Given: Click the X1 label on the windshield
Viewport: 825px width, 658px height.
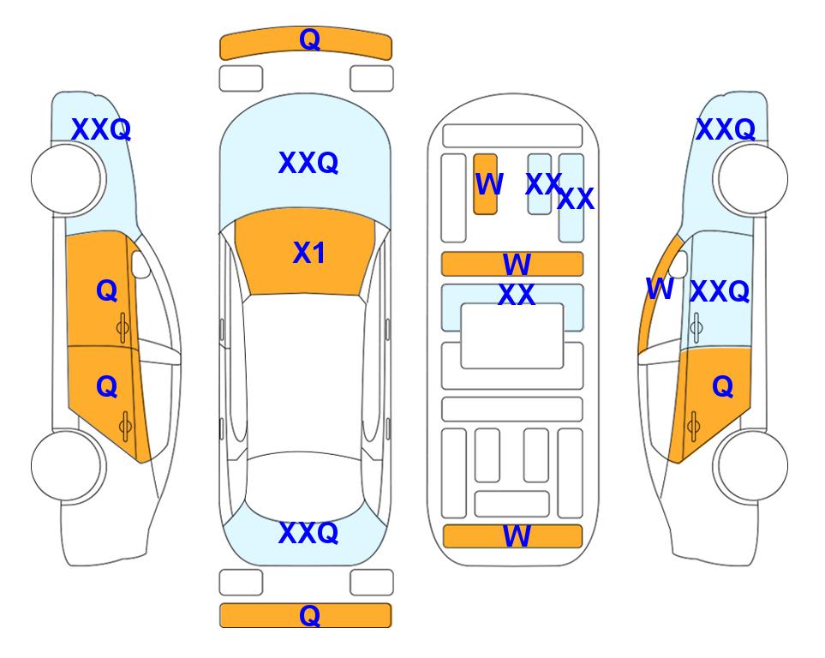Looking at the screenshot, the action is coord(309,253).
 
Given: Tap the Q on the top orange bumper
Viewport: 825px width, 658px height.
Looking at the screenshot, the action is coord(310,39).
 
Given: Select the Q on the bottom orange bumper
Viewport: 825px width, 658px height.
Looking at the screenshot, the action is coord(310,615).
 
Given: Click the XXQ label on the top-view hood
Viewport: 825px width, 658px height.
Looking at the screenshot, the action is coord(308,163).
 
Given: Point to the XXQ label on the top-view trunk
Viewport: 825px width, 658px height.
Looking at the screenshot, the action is coord(308,533).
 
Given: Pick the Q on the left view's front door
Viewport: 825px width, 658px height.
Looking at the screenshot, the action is coord(107,290).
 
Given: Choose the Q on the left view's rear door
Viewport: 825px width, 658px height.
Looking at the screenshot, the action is coord(107,387).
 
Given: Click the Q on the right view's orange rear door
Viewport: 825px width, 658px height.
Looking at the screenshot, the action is coord(723,387).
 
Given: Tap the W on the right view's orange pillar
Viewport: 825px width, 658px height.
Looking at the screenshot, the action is coord(660,289).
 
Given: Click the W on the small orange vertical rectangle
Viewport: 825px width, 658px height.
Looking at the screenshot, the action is coord(489,184).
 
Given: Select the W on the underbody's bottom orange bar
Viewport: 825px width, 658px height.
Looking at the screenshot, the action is coord(517,536).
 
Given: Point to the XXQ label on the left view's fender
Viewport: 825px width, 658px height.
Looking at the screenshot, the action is coord(101,129).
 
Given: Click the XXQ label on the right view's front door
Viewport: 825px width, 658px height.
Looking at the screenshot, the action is coord(720,291).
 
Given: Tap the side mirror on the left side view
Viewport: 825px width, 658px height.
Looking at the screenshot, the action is coord(140,265).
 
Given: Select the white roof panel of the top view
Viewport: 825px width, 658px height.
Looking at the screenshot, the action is coord(305,374).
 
